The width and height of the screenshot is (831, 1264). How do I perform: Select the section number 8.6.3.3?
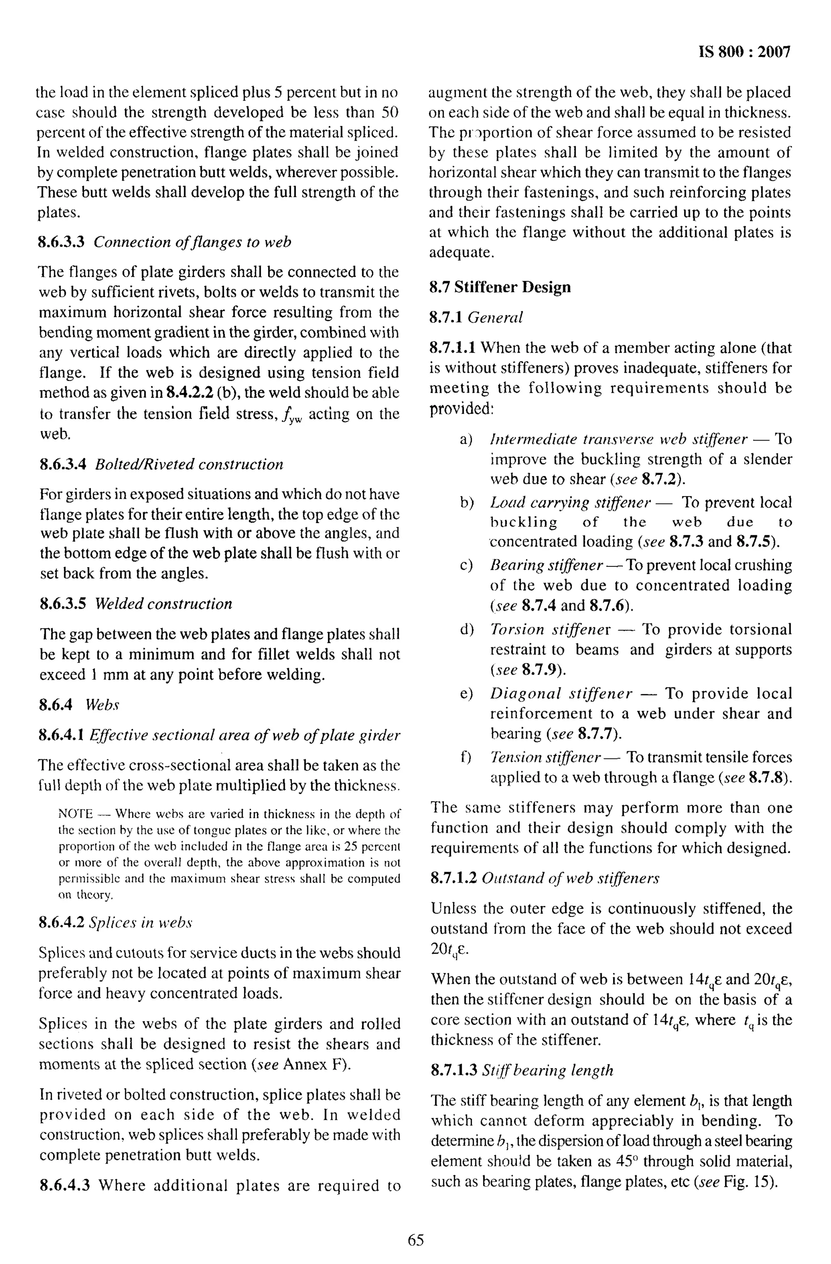click(x=62, y=242)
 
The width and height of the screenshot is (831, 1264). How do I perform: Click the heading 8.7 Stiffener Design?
click(x=500, y=287)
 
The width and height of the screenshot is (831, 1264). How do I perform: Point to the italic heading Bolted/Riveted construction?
click(x=189, y=465)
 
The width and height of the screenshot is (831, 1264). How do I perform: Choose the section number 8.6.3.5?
click(x=62, y=604)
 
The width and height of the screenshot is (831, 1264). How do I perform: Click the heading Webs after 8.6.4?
click(x=102, y=705)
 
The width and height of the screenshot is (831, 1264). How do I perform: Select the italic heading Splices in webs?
click(x=140, y=923)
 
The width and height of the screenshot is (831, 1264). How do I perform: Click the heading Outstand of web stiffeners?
click(x=571, y=878)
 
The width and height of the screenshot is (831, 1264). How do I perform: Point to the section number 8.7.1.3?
click(x=454, y=1071)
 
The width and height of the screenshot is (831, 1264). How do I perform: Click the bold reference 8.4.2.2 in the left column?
click(x=189, y=393)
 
